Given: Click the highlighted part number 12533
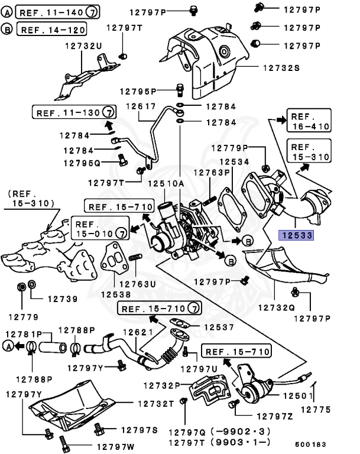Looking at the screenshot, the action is [x=296, y=235].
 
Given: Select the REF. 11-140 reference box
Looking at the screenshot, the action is [x=58, y=12].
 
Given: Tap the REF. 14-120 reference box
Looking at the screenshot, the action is [x=52, y=29].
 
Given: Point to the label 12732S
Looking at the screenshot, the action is [x=281, y=68].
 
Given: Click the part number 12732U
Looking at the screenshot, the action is [x=83, y=46].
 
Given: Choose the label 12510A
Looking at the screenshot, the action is [x=166, y=183].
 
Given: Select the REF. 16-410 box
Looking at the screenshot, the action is [x=309, y=121].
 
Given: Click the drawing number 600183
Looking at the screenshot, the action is [x=310, y=444].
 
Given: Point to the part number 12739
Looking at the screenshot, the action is [x=63, y=299].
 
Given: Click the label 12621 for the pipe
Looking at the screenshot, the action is [x=138, y=332].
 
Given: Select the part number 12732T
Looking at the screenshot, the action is [x=156, y=404].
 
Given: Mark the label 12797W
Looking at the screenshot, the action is [x=115, y=447].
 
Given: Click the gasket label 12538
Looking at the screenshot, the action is [x=116, y=294].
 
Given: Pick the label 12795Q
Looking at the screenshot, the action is [x=82, y=163].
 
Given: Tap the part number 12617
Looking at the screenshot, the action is [x=141, y=106].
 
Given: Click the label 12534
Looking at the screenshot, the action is [x=234, y=161].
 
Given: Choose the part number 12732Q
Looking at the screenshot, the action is [x=276, y=307].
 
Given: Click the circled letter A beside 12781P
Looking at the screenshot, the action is [x=8, y=346].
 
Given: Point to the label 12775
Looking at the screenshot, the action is [x=316, y=410].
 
